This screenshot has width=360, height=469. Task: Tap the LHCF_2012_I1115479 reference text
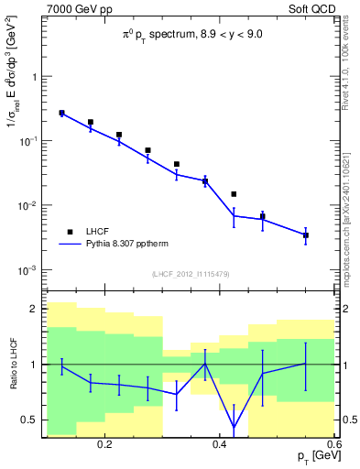(x=191, y=274)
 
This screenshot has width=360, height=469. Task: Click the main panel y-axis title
(x=13, y=102)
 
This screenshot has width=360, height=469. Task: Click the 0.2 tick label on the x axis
(x=104, y=444)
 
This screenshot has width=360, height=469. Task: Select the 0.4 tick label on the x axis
(x=219, y=444)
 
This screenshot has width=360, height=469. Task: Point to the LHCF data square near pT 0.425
(x=234, y=194)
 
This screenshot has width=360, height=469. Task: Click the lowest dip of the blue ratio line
(x=234, y=427)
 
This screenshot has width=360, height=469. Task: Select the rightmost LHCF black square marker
(x=306, y=235)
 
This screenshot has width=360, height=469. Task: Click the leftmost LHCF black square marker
(x=61, y=114)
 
